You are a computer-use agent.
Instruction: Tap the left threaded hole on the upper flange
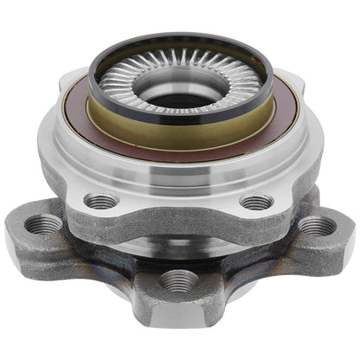[102, 201]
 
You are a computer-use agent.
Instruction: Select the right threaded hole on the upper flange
[257, 202]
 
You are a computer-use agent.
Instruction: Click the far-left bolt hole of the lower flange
[44, 225]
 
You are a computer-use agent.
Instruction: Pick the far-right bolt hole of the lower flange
[317, 227]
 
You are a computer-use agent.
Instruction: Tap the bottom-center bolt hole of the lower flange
[180, 280]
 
